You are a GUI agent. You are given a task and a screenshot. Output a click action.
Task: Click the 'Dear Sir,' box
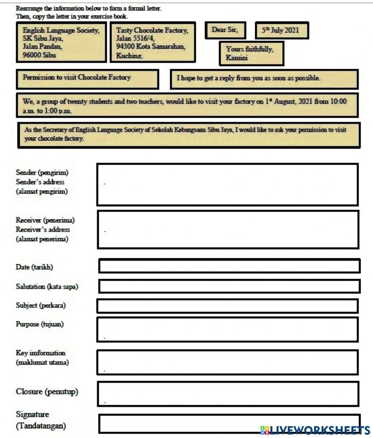coord(225,30)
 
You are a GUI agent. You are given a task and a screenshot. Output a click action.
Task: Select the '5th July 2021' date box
coord(282,30)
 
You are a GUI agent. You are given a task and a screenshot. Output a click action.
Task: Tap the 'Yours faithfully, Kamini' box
coord(251,53)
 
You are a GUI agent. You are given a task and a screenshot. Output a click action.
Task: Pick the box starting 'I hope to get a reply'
coord(264,79)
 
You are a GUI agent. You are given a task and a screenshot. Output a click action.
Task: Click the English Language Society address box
coord(61,42)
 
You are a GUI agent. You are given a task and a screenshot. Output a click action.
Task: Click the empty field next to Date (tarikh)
coord(229,266)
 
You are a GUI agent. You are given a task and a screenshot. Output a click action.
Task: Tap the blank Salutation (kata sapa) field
coord(229,286)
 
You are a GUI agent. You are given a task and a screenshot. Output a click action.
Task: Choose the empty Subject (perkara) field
coord(228,306)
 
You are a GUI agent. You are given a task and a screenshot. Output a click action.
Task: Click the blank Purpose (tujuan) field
coord(228,329)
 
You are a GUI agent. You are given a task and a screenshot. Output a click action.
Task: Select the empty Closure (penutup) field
coord(228,394)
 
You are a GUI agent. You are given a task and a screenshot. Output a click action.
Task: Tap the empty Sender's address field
coord(228,184)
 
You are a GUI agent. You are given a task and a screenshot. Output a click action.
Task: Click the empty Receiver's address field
coord(228,229)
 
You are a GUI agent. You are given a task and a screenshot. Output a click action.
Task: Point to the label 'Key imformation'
coord(40,353)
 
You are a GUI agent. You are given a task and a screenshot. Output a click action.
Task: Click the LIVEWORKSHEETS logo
coord(315,430)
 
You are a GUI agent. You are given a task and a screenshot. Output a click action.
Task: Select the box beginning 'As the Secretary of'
coord(189,135)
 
